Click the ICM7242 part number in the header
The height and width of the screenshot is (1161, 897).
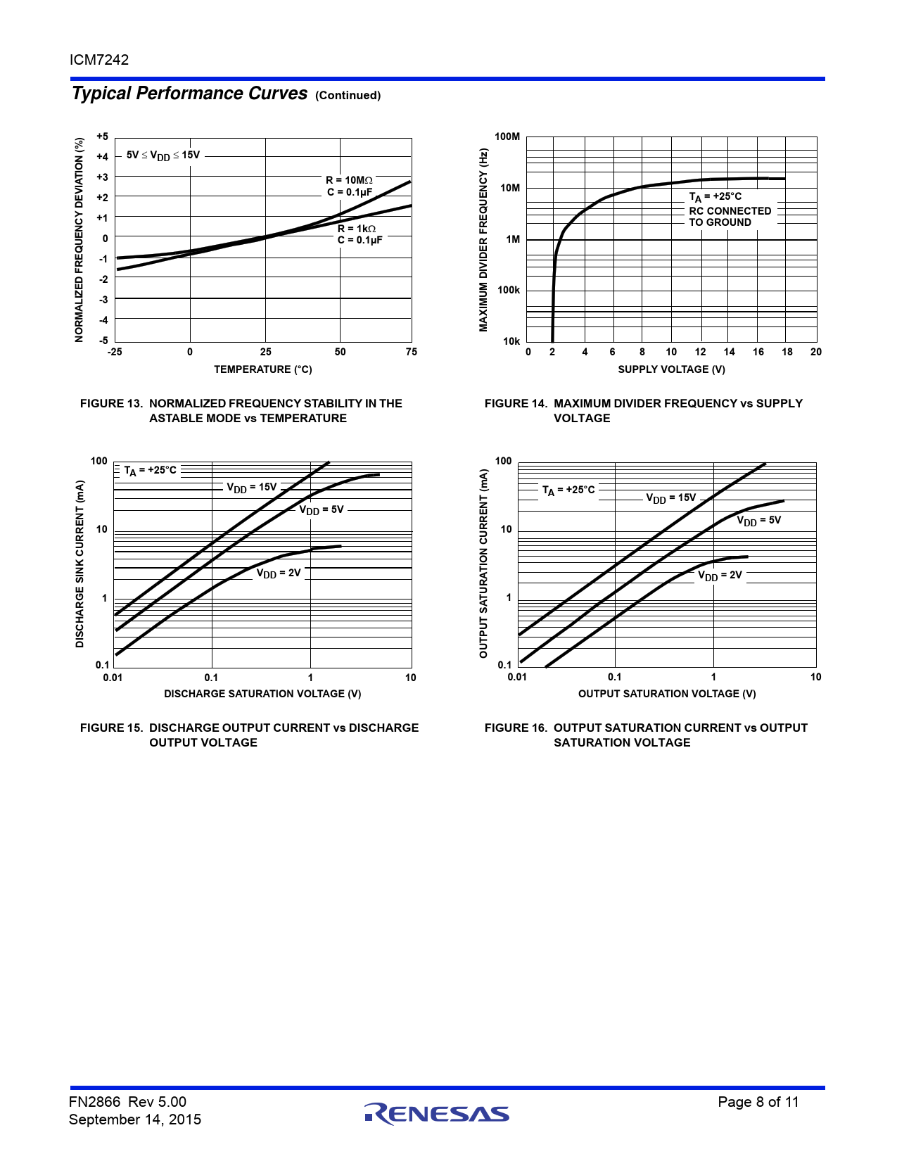coord(99,60)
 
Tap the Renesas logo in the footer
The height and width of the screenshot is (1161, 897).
coord(437,1113)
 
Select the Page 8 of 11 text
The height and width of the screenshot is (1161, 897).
coord(758,1102)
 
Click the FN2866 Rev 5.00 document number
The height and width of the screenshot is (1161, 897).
coord(127,1102)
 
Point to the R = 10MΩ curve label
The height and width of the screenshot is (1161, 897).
coord(349,180)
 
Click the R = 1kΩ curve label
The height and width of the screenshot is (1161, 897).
coord(357,229)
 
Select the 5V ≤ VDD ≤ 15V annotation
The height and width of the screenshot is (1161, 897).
coord(163,156)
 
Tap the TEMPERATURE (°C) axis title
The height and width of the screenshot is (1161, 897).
coord(262,369)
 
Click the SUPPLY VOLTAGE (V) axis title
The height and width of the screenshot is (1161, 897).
coord(671,369)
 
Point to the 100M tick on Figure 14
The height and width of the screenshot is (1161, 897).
coord(507,137)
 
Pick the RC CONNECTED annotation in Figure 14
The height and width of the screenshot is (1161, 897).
coord(730,211)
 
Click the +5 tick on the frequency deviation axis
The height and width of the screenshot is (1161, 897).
coord(103,137)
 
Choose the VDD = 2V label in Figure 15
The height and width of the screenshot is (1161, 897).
coord(278,573)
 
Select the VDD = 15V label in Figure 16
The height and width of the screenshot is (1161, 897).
coord(670,498)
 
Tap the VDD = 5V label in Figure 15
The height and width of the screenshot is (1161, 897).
coord(322,510)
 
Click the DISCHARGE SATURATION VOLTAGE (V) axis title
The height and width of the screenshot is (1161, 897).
coord(262,694)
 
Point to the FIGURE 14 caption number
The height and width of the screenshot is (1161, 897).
coord(516,403)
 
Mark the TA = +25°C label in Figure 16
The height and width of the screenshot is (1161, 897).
coord(568,490)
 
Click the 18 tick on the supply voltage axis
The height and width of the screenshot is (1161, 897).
coord(787,352)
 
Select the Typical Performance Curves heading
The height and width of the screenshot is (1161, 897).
coord(189,94)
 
